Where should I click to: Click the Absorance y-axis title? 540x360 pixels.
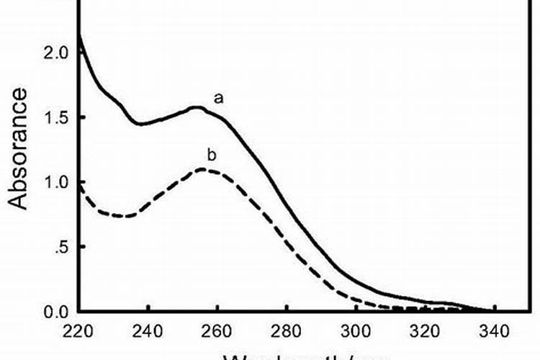[21, 148]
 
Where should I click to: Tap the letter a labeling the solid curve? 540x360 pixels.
[218, 98]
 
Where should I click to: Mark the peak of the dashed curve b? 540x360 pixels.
[202, 170]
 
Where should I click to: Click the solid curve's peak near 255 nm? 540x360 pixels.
[196, 107]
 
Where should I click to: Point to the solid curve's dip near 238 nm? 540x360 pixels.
[140, 124]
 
